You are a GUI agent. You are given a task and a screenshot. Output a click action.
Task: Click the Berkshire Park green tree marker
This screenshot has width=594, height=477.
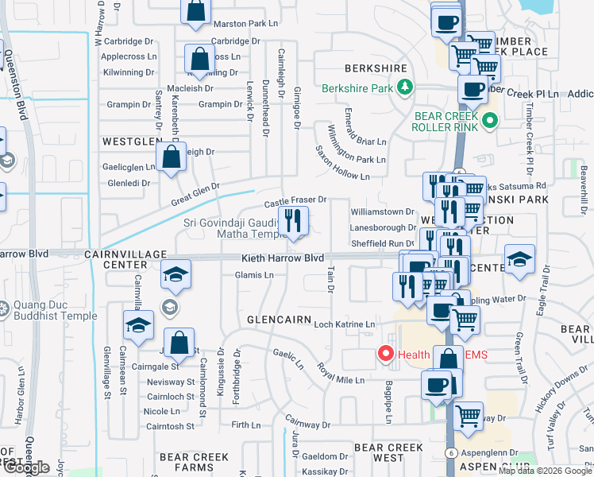pyautogui.click(x=405, y=87)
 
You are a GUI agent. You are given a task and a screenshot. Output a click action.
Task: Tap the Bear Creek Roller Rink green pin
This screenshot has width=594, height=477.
pyautogui.click(x=490, y=122)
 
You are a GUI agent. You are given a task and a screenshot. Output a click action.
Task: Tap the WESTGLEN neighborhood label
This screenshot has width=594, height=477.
pyautogui.click(x=130, y=140)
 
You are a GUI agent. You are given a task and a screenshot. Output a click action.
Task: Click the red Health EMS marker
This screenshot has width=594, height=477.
pyautogui.click(x=387, y=354)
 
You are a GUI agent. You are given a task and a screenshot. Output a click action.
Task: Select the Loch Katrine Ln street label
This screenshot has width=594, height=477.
pyautogui.click(x=344, y=324)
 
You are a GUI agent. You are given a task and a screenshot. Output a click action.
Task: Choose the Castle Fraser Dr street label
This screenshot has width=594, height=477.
pyautogui.click(x=295, y=200)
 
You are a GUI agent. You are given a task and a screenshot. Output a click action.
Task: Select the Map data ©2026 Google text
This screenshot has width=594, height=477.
pyautogui.click(x=545, y=471)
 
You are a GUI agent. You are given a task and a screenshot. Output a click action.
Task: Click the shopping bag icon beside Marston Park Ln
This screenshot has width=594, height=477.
pyautogui.click(x=195, y=11)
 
